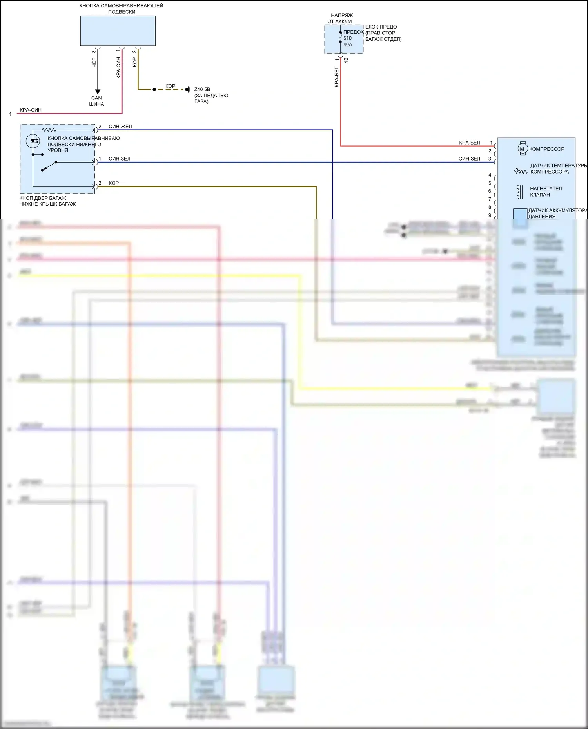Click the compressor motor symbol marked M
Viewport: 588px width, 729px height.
[522, 149]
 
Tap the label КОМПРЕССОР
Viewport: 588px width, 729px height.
[547, 149]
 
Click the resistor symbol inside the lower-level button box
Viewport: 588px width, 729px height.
[49, 130]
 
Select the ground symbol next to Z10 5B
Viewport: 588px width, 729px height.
[189, 90]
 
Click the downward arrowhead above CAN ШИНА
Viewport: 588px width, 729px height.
[97, 92]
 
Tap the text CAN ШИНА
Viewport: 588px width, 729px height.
[96, 101]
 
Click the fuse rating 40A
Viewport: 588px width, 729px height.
[348, 45]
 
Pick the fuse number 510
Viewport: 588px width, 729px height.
[348, 38]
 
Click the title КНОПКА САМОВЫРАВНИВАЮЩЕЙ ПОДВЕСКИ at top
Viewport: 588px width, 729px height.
[122, 9]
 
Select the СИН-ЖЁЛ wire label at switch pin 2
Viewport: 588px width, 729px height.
[120, 127]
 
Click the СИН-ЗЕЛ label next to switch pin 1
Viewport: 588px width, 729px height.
[120, 159]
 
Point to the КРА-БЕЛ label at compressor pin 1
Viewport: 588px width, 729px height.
[470, 143]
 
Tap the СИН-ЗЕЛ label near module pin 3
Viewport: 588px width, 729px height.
[469, 159]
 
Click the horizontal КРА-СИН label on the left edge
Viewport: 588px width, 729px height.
[31, 110]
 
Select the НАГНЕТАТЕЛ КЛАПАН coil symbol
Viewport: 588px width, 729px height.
[520, 192]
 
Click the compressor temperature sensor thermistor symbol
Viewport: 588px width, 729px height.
[521, 171]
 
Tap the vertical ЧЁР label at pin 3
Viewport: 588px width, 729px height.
[94, 62]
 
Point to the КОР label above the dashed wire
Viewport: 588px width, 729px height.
[171, 86]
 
